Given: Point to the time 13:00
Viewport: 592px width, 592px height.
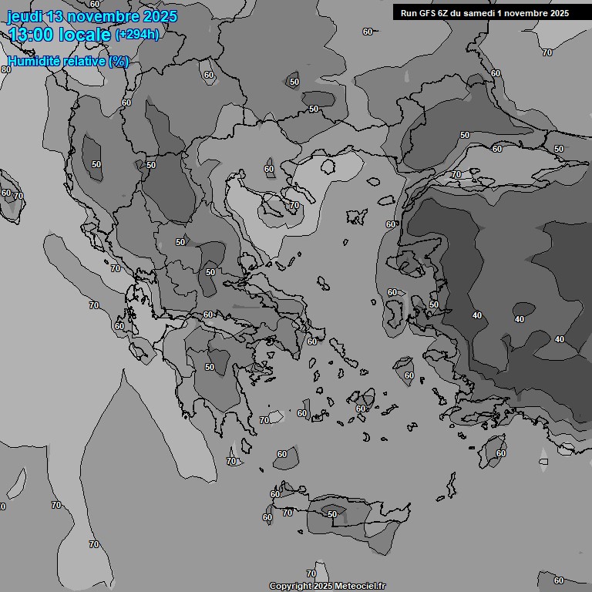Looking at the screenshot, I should point(31,35).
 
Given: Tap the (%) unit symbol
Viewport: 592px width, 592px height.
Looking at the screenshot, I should point(119,61).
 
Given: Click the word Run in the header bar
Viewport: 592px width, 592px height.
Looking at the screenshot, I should point(408,12).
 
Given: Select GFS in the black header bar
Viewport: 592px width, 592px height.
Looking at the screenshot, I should point(426,12).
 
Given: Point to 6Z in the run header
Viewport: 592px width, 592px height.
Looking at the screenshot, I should point(444,12).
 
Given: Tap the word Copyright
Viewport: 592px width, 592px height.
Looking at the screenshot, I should point(290,587).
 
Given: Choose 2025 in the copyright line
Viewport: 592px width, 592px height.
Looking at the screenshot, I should point(323,587).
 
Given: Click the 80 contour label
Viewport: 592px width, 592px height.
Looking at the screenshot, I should point(6,69).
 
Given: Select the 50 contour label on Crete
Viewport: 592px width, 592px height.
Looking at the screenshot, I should point(332,514).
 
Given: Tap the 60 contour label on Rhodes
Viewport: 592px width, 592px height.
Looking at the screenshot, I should point(501,453).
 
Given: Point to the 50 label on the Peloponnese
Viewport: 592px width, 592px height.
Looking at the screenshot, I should point(210,367).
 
